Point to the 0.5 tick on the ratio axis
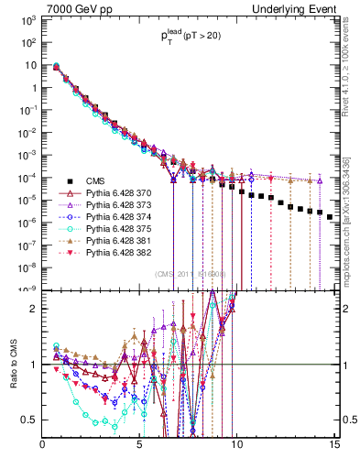30,420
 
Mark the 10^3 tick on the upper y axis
27,19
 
